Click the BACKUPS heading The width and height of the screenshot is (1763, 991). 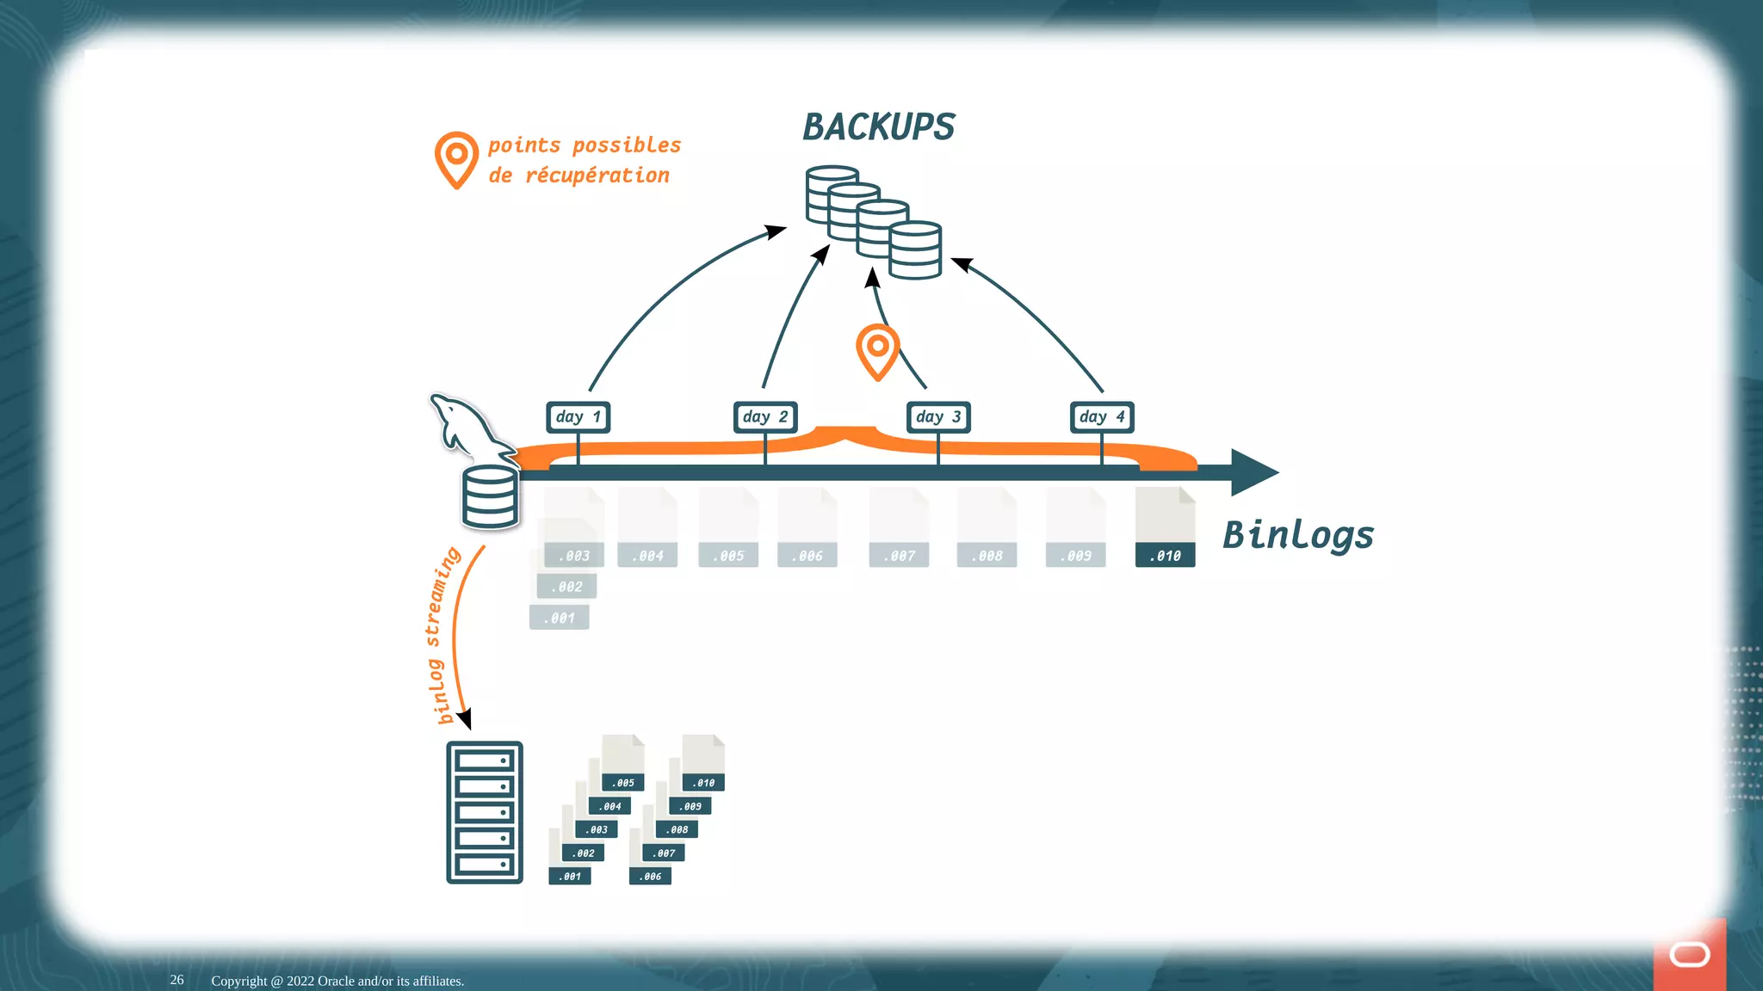pos(878,127)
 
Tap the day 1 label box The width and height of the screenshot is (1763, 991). pos(578,417)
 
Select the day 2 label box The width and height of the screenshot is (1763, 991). pos(765,417)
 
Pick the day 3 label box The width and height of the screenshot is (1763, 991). pos(938,417)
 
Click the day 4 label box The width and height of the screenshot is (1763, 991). pos(1102,417)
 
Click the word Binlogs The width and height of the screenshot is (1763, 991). pos(1297,535)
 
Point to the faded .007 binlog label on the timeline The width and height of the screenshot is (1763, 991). pos(900,556)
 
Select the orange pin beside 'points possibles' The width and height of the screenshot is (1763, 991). pos(456,158)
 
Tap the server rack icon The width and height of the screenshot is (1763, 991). pos(485,812)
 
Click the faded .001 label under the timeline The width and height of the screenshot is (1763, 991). pos(560,618)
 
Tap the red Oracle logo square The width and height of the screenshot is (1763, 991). pos(1689,955)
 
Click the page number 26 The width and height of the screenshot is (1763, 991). pos(176,980)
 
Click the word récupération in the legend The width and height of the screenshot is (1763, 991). pos(597,175)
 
